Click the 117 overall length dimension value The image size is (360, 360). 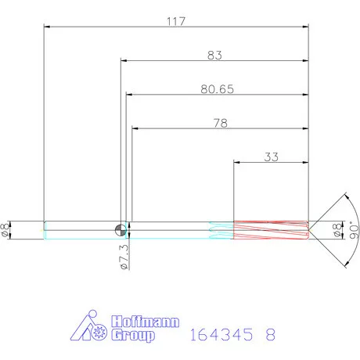175,21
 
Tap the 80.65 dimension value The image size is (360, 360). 215,89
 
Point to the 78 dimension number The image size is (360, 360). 221,123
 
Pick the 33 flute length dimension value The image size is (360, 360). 271,157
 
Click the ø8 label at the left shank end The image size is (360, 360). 7,229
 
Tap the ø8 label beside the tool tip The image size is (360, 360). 338,229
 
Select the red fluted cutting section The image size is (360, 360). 270,229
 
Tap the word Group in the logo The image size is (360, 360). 135,336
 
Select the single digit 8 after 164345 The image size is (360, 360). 271,334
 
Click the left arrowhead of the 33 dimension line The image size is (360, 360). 238,163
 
